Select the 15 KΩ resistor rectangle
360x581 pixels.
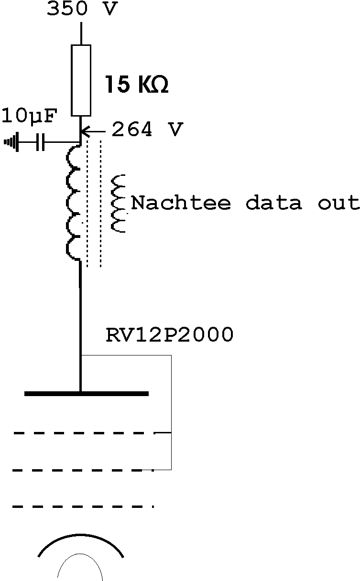pyautogui.click(x=81, y=80)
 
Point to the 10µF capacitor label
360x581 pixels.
pyautogui.click(x=30, y=116)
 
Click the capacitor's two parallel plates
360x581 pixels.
pyautogui.click(x=41, y=142)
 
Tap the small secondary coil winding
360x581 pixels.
pyautogui.click(x=118, y=204)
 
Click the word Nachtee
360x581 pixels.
pyautogui.click(x=181, y=203)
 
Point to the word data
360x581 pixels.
pyautogui.click(x=274, y=203)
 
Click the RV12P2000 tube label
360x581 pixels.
pyautogui.click(x=169, y=335)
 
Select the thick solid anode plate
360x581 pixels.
pyautogui.click(x=87, y=394)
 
